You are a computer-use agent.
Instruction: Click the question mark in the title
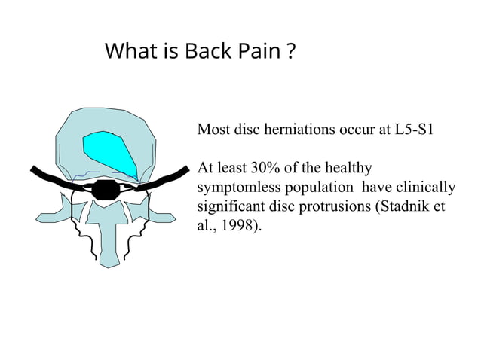click(x=290, y=53)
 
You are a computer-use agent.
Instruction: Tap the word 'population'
click(x=324, y=188)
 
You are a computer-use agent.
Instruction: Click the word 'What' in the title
click(x=125, y=53)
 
